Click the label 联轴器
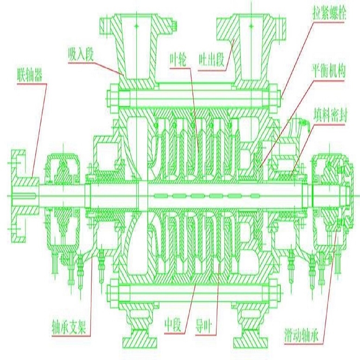click(x=30, y=75)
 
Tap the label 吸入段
click(x=81, y=54)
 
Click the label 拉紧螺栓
click(x=328, y=13)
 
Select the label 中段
click(x=173, y=325)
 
